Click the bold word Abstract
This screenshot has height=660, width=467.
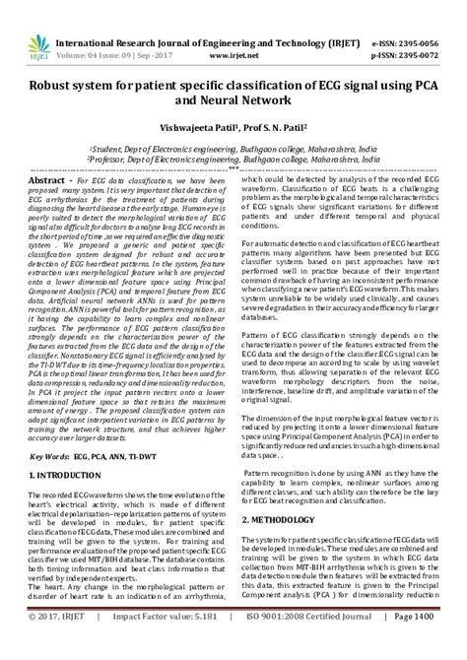49,181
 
